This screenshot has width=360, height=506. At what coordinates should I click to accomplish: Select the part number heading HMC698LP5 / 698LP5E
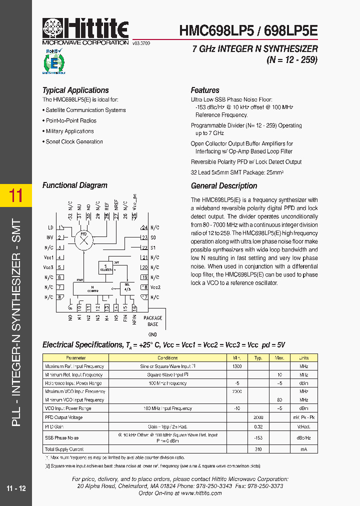[x=248, y=29]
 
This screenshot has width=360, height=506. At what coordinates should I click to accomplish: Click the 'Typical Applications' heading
[x=75, y=90]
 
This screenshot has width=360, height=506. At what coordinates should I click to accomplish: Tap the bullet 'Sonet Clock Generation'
[x=74, y=142]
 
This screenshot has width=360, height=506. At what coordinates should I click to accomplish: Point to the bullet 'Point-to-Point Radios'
[x=71, y=121]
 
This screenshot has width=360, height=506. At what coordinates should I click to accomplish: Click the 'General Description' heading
[x=224, y=186]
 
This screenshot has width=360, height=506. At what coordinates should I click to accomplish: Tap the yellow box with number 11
[x=16, y=195]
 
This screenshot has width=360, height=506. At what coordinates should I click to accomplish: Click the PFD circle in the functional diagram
[x=83, y=239]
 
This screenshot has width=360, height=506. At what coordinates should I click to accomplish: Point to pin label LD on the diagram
[x=50, y=227]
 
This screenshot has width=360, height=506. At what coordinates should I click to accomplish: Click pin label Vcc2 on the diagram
[x=155, y=287]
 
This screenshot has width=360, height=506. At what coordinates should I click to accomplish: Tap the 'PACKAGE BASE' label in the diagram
[x=153, y=321]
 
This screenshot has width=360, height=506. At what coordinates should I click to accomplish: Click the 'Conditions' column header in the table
[x=167, y=358]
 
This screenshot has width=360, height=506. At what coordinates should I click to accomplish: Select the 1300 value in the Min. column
[x=236, y=366]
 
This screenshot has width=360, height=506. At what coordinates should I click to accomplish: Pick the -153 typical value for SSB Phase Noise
[x=258, y=437]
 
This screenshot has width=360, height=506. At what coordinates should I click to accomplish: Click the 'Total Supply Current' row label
[x=64, y=449]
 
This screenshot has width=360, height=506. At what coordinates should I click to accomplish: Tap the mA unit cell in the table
[x=303, y=449]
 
